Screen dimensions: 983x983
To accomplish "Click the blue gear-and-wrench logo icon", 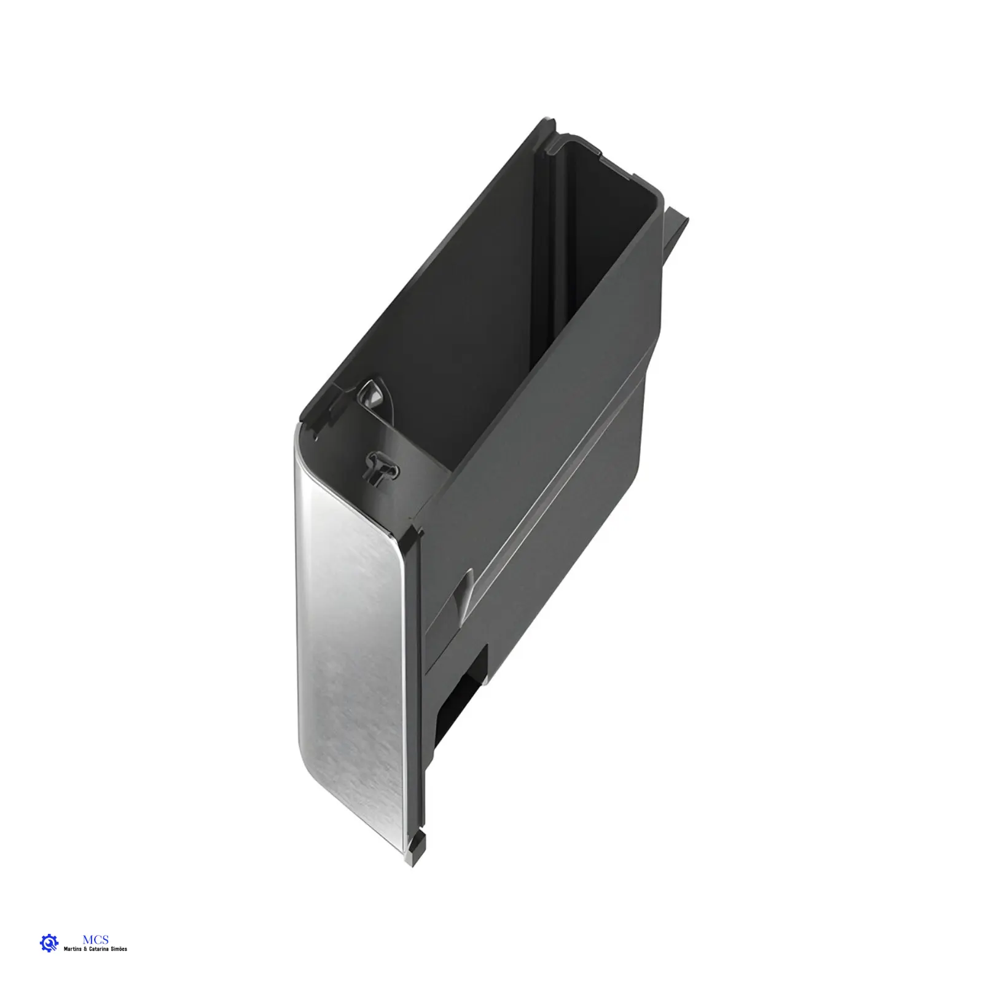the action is pos(49,943).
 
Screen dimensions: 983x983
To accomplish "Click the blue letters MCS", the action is pos(95,939).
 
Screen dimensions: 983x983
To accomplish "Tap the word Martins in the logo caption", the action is pos(73,949).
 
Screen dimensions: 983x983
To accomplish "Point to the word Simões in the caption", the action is pos(120,949).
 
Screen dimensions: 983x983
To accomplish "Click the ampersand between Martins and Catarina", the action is pos(86,949).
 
